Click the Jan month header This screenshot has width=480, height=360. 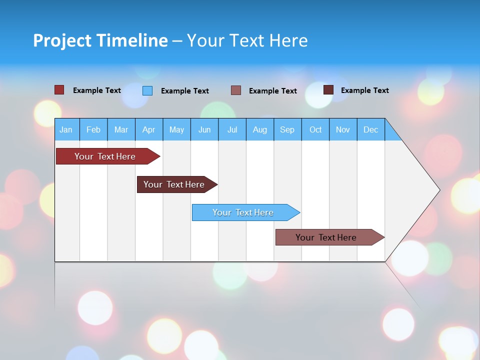point(66,129)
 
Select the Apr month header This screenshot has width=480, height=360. point(149,129)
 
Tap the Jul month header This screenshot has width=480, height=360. point(232,129)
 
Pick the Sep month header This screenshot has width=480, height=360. point(287,129)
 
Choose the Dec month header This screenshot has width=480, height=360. point(371,129)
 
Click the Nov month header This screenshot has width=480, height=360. point(343,129)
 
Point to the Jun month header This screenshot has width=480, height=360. point(204,129)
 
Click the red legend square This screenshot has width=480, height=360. point(59,90)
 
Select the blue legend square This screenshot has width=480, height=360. point(147,90)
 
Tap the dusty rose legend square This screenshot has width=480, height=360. point(236,90)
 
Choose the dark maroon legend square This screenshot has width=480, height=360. point(328,90)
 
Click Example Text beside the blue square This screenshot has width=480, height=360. point(184,91)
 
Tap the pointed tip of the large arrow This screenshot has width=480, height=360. point(438,190)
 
